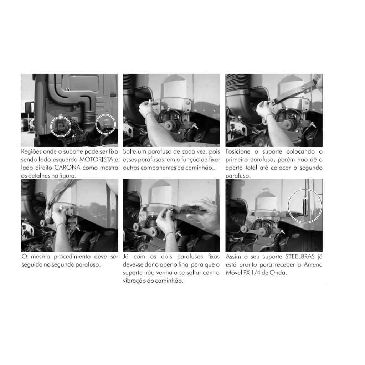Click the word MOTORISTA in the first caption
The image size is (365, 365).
[96, 160]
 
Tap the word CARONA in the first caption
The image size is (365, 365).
[67, 168]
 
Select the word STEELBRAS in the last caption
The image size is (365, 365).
[300, 257]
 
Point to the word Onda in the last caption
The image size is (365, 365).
[278, 273]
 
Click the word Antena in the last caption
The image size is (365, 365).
[313, 265]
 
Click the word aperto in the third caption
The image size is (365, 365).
[234, 168]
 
